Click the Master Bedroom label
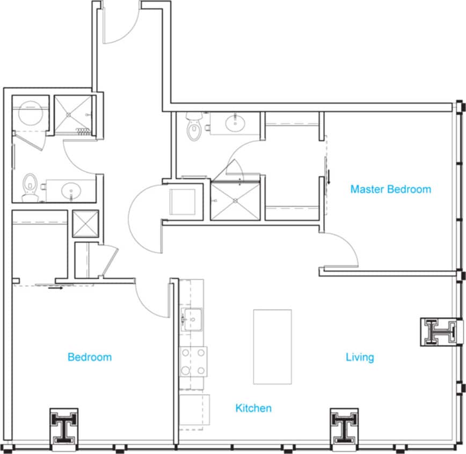point(390,189)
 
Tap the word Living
point(360,357)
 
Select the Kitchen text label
point(253,408)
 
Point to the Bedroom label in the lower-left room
point(90,357)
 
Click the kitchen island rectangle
point(272,346)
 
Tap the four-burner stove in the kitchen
point(193,361)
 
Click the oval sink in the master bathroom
point(234,124)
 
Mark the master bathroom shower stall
point(235,201)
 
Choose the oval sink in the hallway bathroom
point(70,190)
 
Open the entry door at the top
point(121,24)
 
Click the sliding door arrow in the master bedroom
point(328,176)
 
